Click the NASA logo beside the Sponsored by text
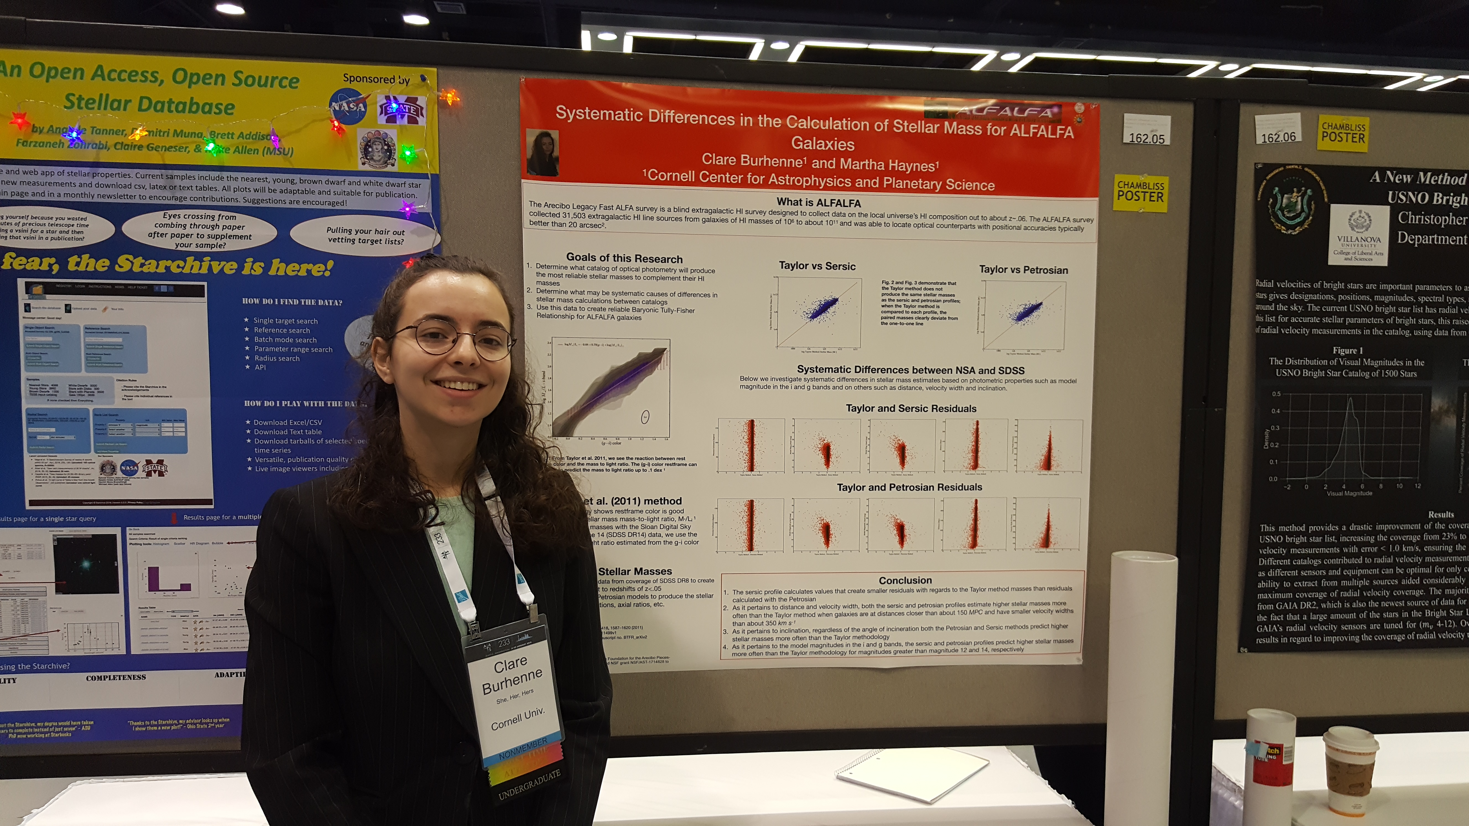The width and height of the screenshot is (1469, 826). click(x=348, y=107)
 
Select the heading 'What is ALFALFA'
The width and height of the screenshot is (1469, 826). click(x=818, y=202)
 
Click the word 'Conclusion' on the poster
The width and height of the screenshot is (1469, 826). click(x=905, y=580)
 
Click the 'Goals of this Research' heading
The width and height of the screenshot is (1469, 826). click(x=624, y=258)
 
